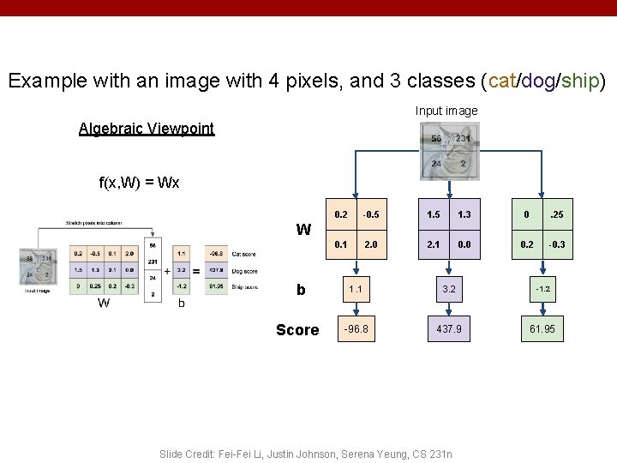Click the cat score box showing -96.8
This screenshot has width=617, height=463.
click(356, 328)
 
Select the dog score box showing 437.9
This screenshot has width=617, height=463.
click(449, 328)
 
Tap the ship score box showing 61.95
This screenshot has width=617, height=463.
click(542, 328)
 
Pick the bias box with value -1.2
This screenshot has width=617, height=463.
click(542, 289)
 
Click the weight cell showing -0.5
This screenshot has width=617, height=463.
click(371, 213)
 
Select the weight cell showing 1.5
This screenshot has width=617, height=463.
click(434, 213)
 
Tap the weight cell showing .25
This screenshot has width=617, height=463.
click(557, 213)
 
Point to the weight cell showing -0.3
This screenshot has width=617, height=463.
click(557, 244)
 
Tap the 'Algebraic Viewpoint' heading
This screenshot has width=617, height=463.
click(147, 129)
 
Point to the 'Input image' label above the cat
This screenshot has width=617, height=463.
click(446, 111)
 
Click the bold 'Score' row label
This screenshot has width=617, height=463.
click(297, 330)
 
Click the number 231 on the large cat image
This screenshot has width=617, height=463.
click(462, 139)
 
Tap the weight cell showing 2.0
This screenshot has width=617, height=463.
click(371, 244)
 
